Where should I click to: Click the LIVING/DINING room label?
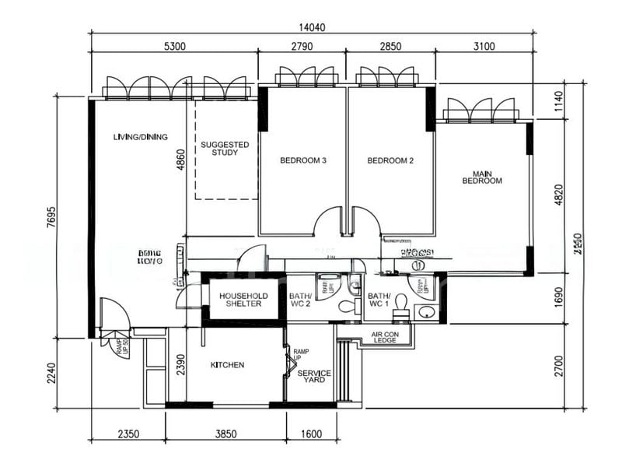[140, 137]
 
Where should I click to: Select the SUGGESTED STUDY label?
[225, 149]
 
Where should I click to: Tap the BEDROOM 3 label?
[302, 161]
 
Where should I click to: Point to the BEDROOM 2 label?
[390, 161]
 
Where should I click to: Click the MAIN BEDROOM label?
[482, 177]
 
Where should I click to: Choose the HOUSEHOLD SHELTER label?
[243, 300]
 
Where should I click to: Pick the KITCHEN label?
[227, 365]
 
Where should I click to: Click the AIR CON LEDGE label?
[386, 337]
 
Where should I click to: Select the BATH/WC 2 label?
[300, 300]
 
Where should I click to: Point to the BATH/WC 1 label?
[379, 300]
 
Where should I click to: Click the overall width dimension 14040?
[309, 26]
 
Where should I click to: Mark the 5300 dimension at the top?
[174, 47]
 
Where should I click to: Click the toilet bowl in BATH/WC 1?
[401, 301]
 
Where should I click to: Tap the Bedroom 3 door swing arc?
[327, 219]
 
